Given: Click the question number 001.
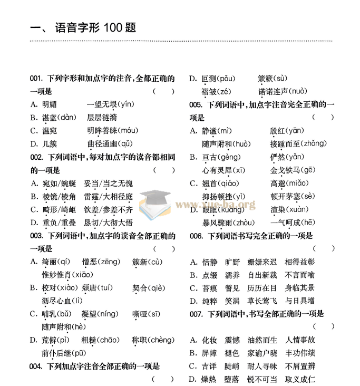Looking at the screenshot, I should tap(36, 79).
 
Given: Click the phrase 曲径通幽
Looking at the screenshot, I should tap(101, 143).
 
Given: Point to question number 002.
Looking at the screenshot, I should tap(36, 157).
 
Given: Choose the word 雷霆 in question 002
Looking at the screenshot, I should tap(91, 197).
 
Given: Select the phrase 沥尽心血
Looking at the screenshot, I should tap(55, 301).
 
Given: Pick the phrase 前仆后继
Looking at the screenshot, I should tap(55, 353).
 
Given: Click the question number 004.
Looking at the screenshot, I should tap(36, 365).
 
